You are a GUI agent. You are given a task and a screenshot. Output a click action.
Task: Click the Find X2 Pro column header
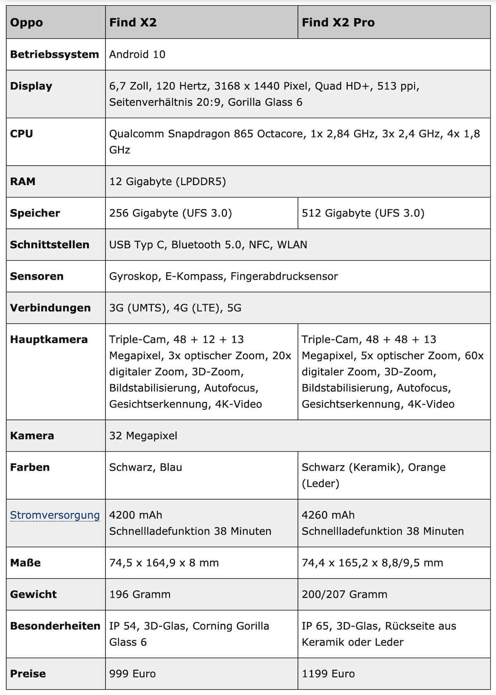click(x=338, y=22)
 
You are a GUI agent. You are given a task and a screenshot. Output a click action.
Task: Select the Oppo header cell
click(x=26, y=22)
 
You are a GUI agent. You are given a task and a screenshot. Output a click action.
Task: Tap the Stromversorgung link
click(x=55, y=515)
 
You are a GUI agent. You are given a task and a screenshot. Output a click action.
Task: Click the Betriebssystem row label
click(x=55, y=55)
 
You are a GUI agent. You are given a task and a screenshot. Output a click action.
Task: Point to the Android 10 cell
click(x=137, y=55)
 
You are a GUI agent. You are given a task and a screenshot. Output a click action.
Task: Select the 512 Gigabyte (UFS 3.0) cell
click(x=363, y=213)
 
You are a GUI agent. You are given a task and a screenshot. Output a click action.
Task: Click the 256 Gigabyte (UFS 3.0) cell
click(x=170, y=213)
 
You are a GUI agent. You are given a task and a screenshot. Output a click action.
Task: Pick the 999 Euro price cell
click(x=132, y=674)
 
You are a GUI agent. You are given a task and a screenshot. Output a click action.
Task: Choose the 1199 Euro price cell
click(x=328, y=674)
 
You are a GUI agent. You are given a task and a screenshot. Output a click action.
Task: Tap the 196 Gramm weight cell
click(x=140, y=595)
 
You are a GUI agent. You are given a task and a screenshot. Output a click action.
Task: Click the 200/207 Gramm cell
click(x=344, y=595)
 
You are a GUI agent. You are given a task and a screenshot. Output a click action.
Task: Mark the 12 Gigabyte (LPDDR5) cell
click(x=167, y=182)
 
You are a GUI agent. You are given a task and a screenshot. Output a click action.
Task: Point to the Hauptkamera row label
click(x=49, y=340)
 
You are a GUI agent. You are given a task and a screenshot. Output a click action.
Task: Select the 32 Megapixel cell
click(x=143, y=436)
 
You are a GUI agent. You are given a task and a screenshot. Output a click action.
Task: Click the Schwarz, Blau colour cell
click(x=145, y=467)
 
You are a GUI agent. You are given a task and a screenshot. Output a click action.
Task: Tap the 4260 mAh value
click(x=328, y=515)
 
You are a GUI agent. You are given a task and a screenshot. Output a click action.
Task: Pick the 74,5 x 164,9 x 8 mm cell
click(x=164, y=563)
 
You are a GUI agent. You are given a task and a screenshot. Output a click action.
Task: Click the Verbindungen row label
click(x=50, y=308)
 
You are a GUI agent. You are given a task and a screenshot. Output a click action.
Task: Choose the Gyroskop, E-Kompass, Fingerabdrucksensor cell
click(x=223, y=276)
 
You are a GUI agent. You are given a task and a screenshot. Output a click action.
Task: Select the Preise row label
click(x=28, y=674)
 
